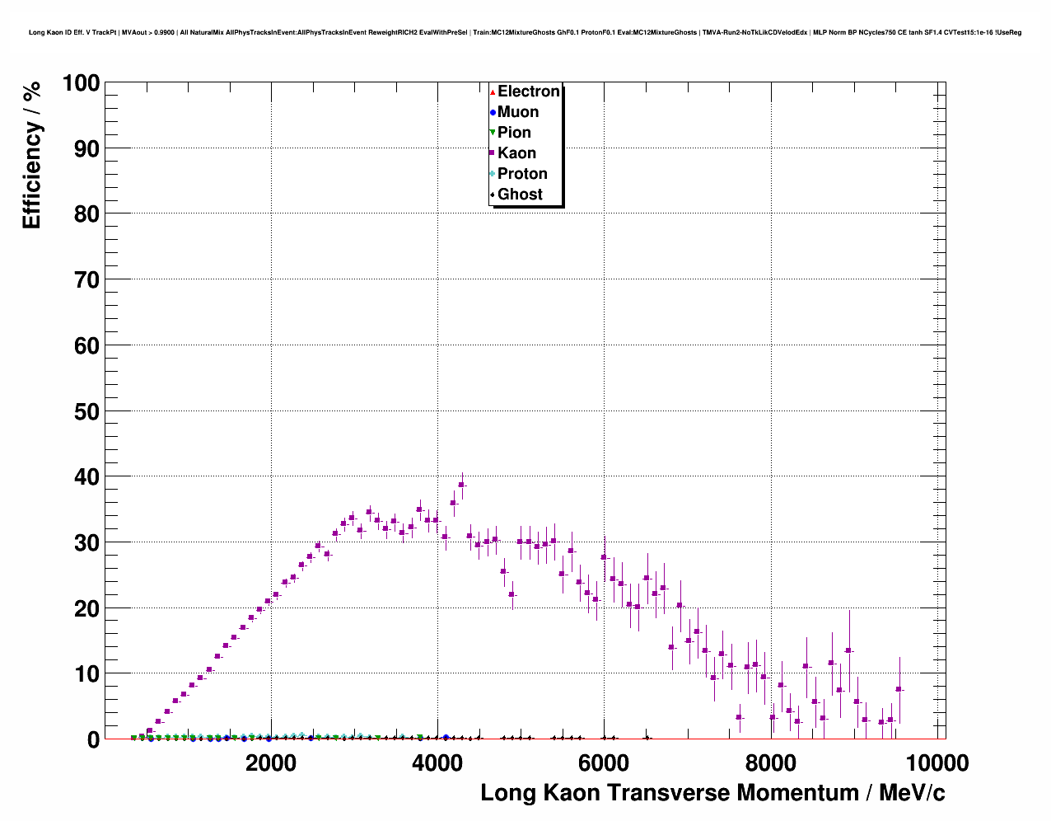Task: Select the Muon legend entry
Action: [517, 112]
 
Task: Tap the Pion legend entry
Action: [514, 133]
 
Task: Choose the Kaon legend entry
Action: [516, 153]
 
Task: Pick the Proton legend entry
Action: [522, 174]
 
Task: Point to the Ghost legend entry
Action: [520, 195]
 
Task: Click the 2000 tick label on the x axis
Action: [271, 763]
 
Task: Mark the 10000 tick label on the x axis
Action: [936, 763]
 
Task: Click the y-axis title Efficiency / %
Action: [31, 157]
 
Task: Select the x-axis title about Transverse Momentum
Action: [712, 793]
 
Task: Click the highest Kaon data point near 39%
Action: [461, 485]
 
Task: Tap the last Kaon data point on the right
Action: [899, 689]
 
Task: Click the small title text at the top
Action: [525, 32]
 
